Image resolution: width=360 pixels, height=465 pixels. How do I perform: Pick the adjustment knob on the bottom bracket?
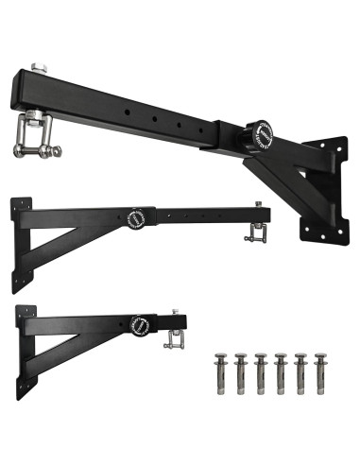click(139, 324)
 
